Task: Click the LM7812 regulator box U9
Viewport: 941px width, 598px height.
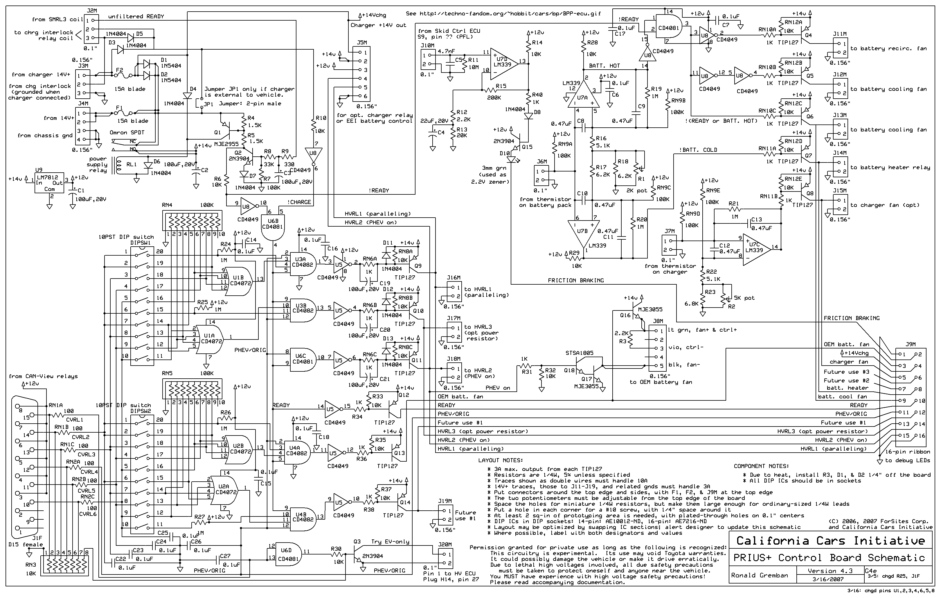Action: point(49,184)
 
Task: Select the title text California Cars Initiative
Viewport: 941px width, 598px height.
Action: point(830,541)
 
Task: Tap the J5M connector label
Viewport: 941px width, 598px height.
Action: point(362,42)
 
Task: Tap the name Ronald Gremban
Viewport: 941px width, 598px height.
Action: point(759,575)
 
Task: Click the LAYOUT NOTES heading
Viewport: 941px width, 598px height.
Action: point(501,460)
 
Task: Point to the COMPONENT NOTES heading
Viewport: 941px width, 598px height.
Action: point(761,466)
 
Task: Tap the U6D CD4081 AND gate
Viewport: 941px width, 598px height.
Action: point(288,555)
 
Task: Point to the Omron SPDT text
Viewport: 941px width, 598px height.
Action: point(127,132)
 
